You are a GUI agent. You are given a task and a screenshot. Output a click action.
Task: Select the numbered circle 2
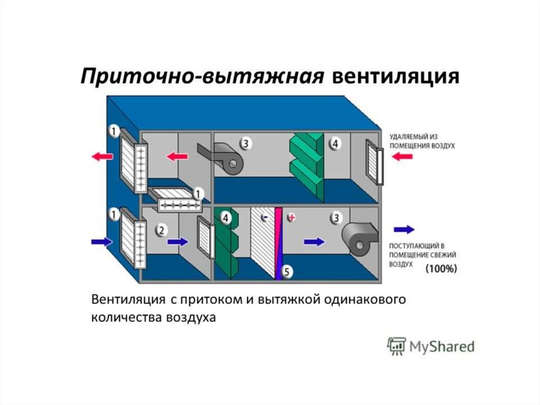click(161, 230)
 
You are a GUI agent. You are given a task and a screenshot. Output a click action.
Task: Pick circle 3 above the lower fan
click(336, 216)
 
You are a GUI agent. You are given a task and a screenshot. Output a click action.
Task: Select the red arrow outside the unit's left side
click(101, 156)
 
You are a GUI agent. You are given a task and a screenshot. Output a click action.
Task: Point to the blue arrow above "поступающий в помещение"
click(404, 230)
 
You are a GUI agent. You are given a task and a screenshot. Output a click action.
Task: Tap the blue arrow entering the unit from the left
click(102, 242)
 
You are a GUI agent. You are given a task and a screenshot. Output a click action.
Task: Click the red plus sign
click(291, 217)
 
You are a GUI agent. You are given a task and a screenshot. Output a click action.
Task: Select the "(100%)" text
click(441, 268)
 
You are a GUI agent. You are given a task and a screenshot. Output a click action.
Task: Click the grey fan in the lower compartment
click(359, 239)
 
